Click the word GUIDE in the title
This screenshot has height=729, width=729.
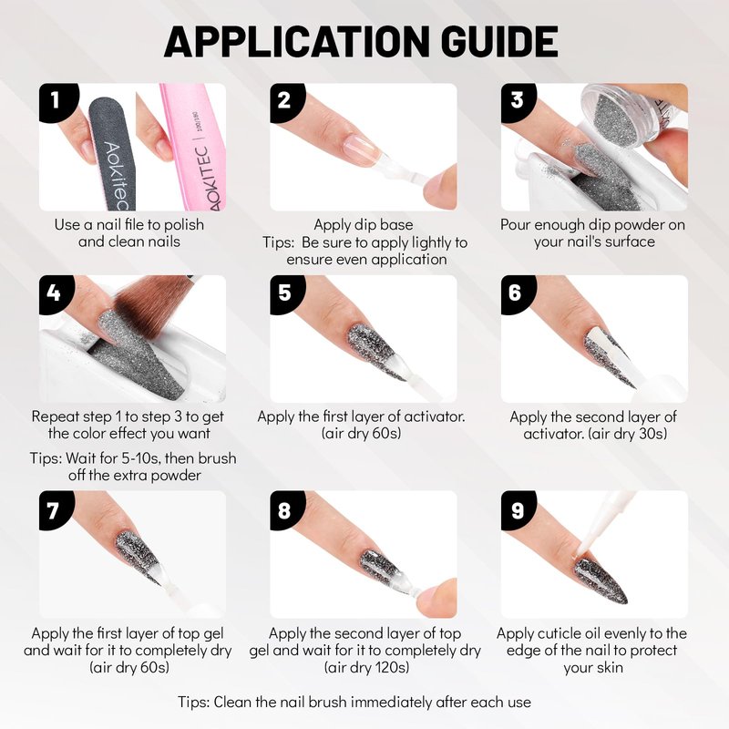pos(499,41)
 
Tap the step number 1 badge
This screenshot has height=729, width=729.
pos(56,101)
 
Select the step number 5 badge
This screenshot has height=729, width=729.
pos(285,293)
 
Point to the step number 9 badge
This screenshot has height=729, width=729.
pos(517,510)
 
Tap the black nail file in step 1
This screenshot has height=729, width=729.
pos(111,153)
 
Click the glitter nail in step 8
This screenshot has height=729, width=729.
pos(380,568)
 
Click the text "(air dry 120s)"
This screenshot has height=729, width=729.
pos(367,668)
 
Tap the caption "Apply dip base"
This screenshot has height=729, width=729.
pos(363,225)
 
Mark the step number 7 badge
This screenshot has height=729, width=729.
pos(54,510)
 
